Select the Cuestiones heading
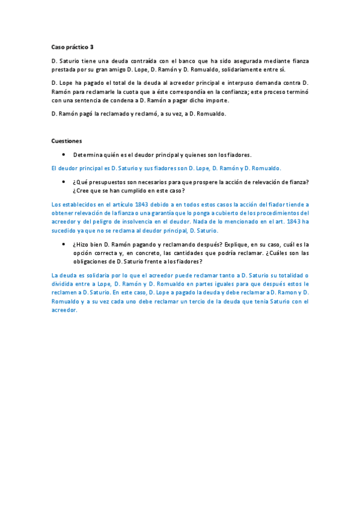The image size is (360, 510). (x=66, y=141)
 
